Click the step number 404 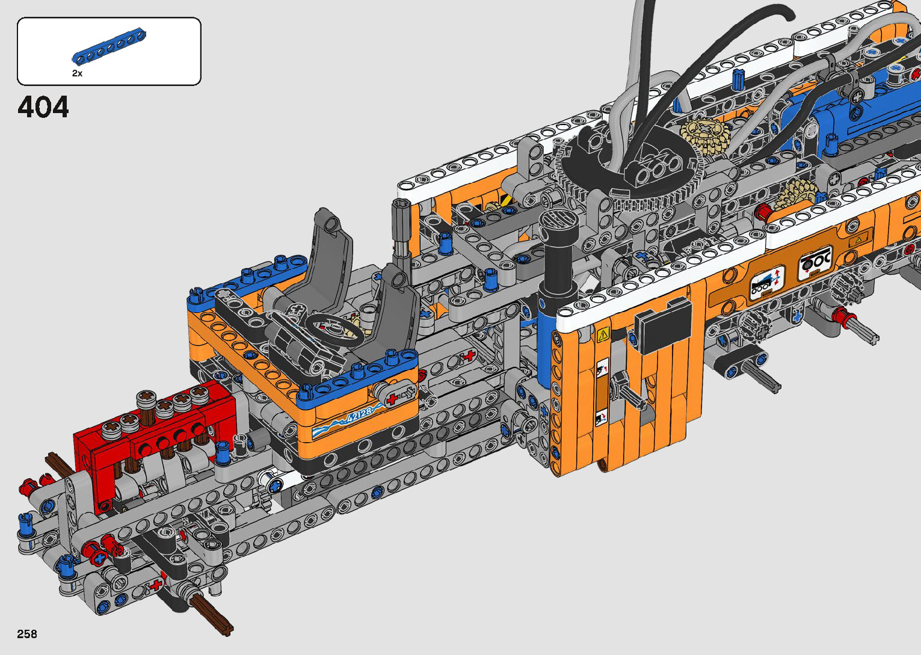tap(43, 107)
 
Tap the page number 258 tap(27, 634)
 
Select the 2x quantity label tap(77, 73)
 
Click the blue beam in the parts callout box tap(109, 46)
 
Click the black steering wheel tap(336, 330)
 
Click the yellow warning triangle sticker tap(603, 334)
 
